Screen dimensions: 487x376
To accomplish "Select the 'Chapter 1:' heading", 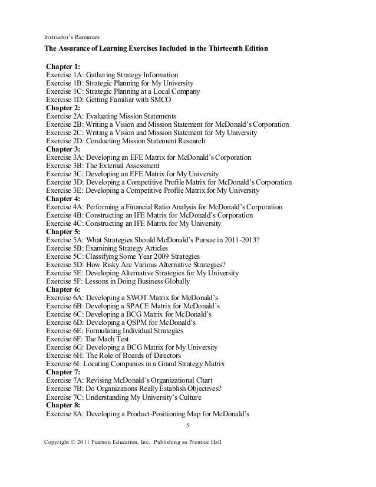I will (x=63, y=67).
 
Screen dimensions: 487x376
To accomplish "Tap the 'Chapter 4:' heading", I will (x=63, y=199).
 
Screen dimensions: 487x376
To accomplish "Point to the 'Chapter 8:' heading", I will (x=63, y=405).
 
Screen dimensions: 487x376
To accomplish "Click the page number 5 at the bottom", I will (x=187, y=426).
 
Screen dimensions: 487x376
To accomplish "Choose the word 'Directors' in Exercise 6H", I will (x=164, y=356).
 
